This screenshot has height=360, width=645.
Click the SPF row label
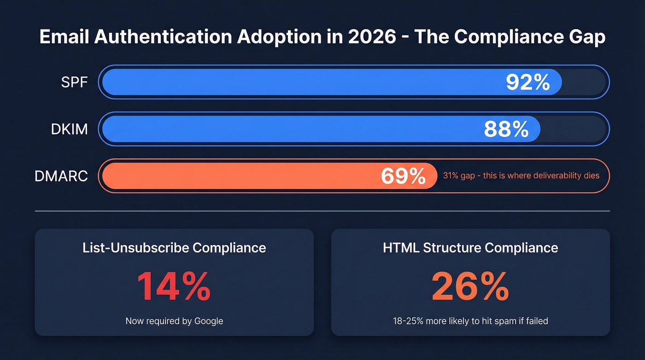click(74, 83)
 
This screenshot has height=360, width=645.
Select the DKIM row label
click(69, 129)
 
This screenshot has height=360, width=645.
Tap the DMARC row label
click(61, 176)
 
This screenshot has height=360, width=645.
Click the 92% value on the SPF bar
click(528, 83)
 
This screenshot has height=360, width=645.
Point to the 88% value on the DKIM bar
click(506, 129)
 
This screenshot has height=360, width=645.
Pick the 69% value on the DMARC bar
click(403, 176)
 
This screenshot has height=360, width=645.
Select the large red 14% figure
click(174, 287)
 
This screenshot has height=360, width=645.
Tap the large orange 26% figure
click(470, 287)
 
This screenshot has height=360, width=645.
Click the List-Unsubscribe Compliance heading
click(174, 248)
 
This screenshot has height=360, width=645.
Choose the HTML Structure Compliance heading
click(470, 248)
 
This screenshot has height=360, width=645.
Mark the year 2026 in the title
click(372, 37)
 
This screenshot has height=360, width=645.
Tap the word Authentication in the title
click(163, 37)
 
